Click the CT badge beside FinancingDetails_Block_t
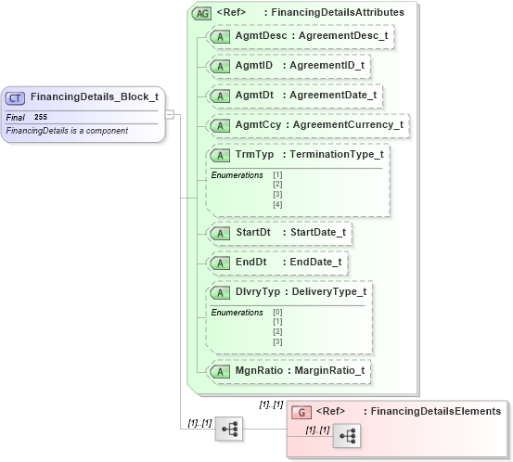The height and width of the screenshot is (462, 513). (16, 97)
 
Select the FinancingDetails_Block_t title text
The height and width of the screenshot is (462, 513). (94, 97)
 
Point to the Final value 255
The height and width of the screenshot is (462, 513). (41, 117)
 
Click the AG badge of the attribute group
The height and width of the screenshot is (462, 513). (200, 13)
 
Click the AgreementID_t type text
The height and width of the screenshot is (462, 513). (327, 67)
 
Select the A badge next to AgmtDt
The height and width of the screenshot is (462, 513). (221, 96)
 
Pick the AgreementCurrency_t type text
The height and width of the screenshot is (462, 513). (348, 124)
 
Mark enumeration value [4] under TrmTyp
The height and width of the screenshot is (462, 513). (277, 204)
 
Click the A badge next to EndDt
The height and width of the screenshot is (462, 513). (221, 263)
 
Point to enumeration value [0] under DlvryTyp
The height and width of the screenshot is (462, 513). (277, 312)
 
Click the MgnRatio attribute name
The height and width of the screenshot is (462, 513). (258, 371)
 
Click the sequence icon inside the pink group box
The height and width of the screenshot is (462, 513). (347, 437)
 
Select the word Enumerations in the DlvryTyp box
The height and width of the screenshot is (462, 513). (237, 313)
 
